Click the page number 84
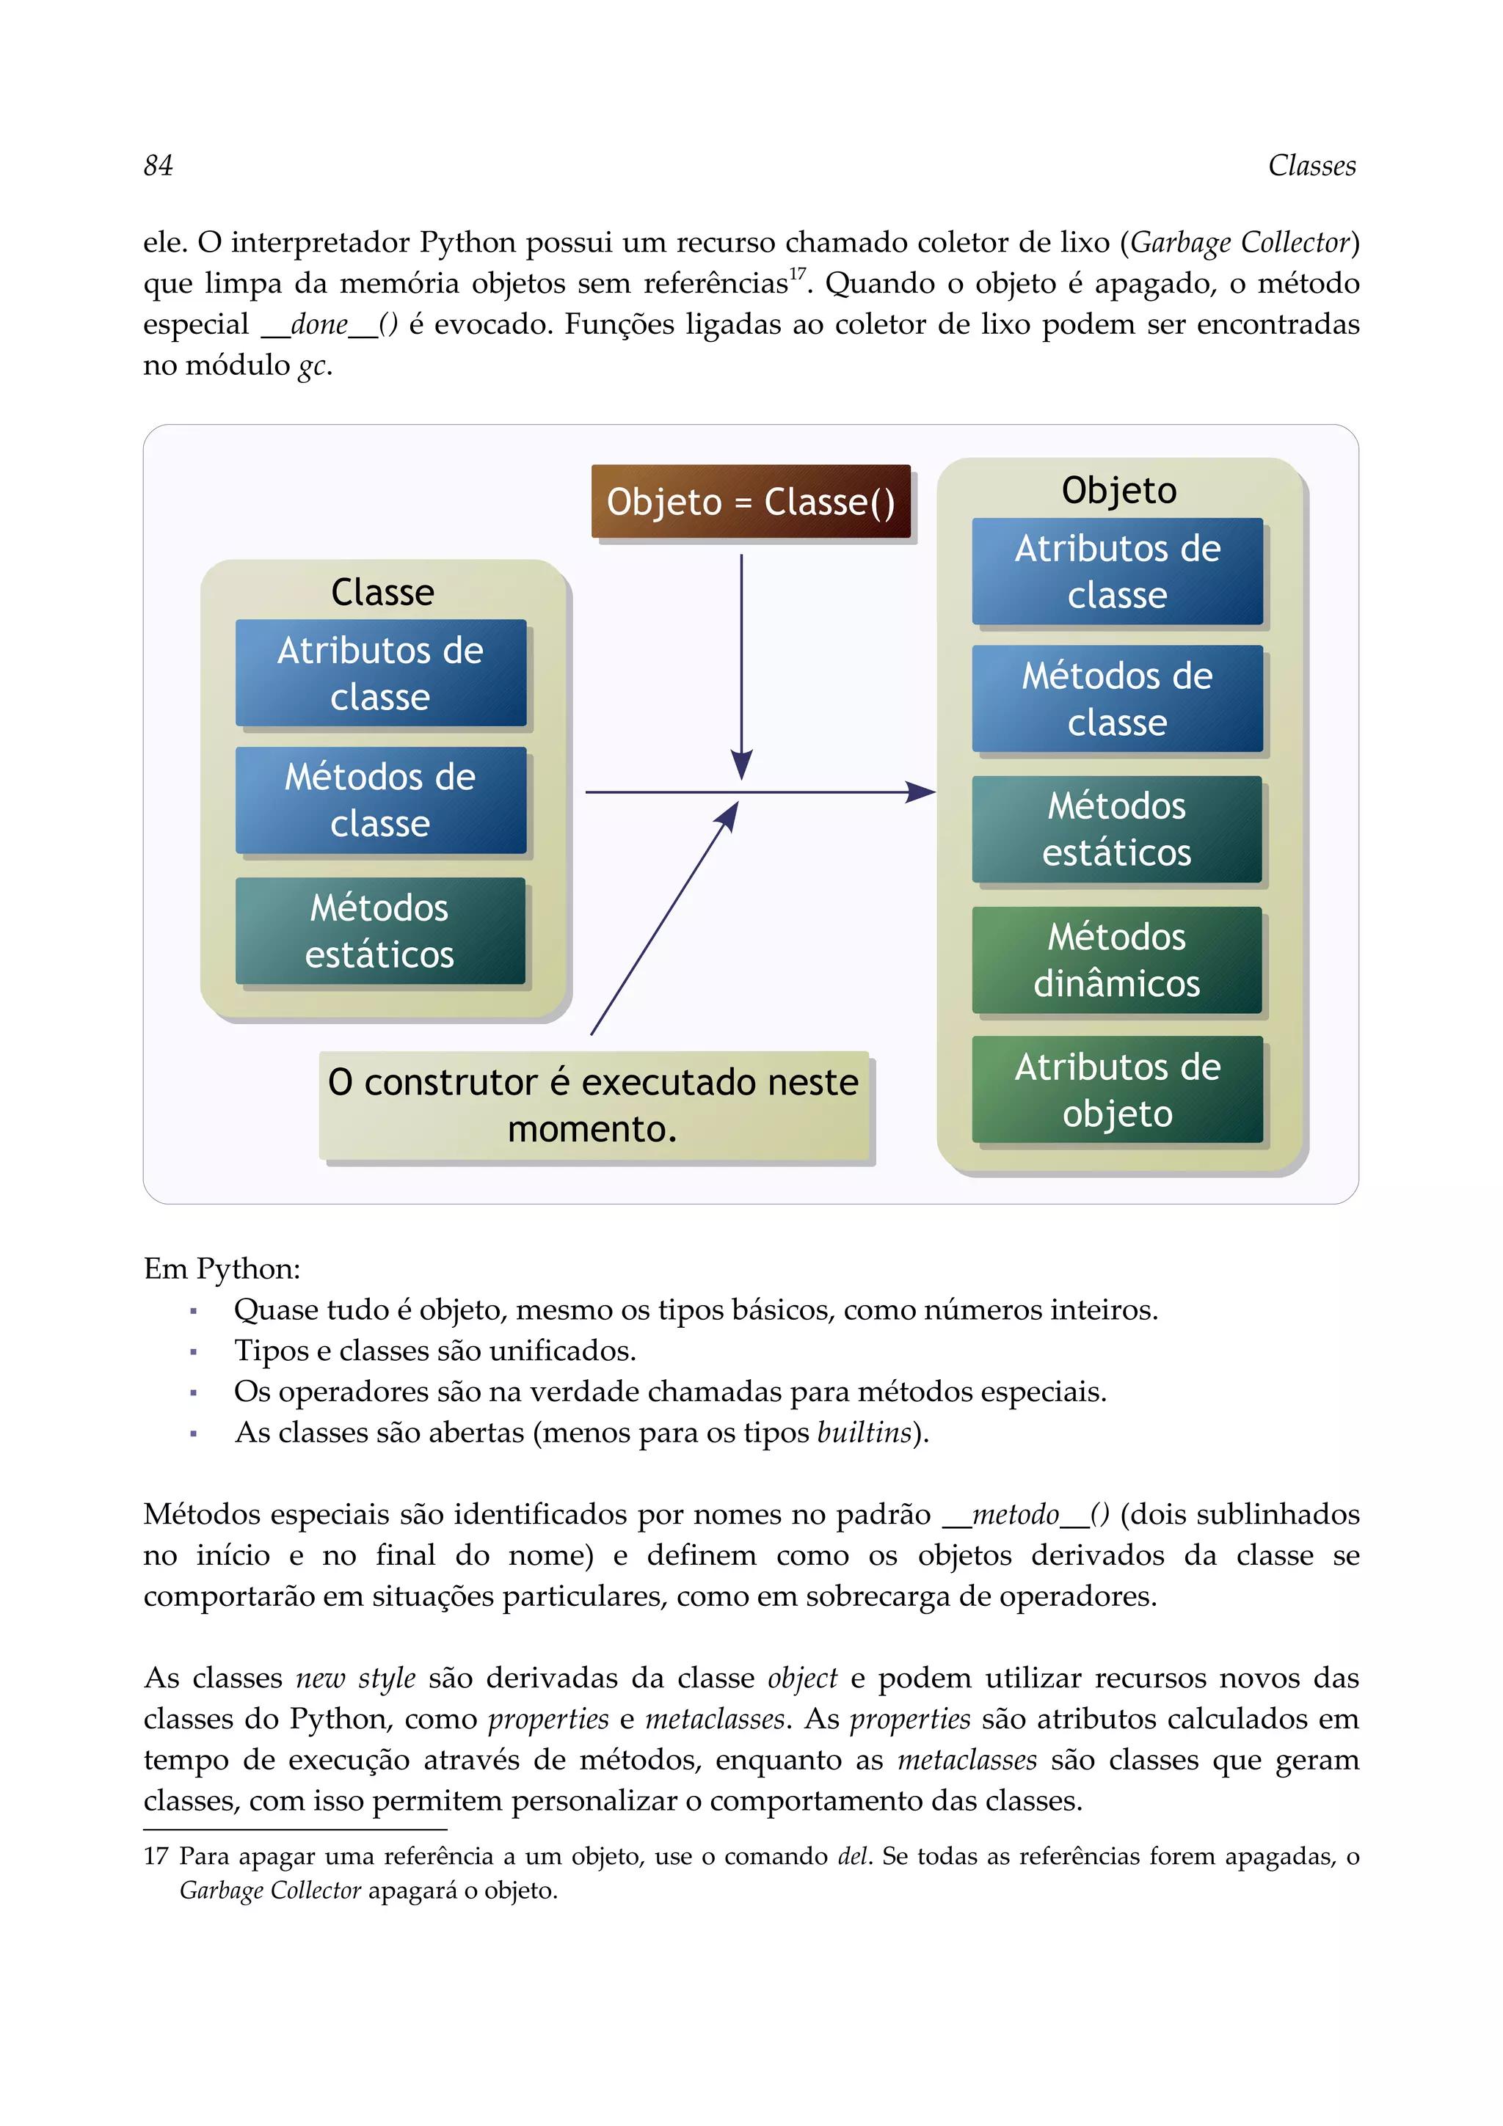click(159, 166)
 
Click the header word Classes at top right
click(1311, 166)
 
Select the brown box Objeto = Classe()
click(751, 502)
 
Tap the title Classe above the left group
click(382, 593)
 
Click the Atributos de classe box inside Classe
click(381, 673)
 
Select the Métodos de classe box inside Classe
click(381, 800)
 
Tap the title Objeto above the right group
click(1118, 491)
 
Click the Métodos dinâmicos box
click(1117, 960)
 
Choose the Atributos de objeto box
click(1117, 1090)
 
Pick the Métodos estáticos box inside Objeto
click(1117, 829)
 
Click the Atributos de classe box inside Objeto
click(1117, 571)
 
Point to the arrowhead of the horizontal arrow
click(922, 792)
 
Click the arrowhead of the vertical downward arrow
click(742, 767)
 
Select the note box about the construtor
click(594, 1105)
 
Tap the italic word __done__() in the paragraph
click(330, 325)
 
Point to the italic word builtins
click(864, 1433)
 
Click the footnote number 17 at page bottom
click(156, 1857)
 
